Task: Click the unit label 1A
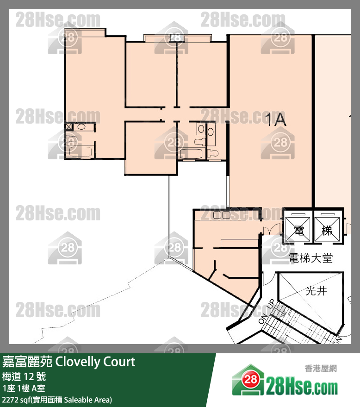click(x=275, y=119)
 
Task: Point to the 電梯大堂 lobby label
click(x=311, y=258)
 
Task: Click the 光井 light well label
click(x=316, y=291)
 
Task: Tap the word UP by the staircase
click(x=271, y=303)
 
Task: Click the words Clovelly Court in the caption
click(x=95, y=362)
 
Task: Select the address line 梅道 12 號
click(x=24, y=376)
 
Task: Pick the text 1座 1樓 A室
click(x=24, y=388)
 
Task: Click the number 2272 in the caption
click(x=10, y=400)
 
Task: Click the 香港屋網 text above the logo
click(x=321, y=368)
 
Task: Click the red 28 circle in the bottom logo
click(x=250, y=380)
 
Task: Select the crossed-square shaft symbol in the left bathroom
click(x=69, y=127)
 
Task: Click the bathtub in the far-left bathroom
click(x=81, y=152)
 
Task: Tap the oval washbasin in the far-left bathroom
click(x=81, y=127)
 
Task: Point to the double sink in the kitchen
click(x=222, y=215)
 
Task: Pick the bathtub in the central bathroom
click(x=191, y=154)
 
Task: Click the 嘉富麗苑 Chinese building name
click(x=27, y=362)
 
